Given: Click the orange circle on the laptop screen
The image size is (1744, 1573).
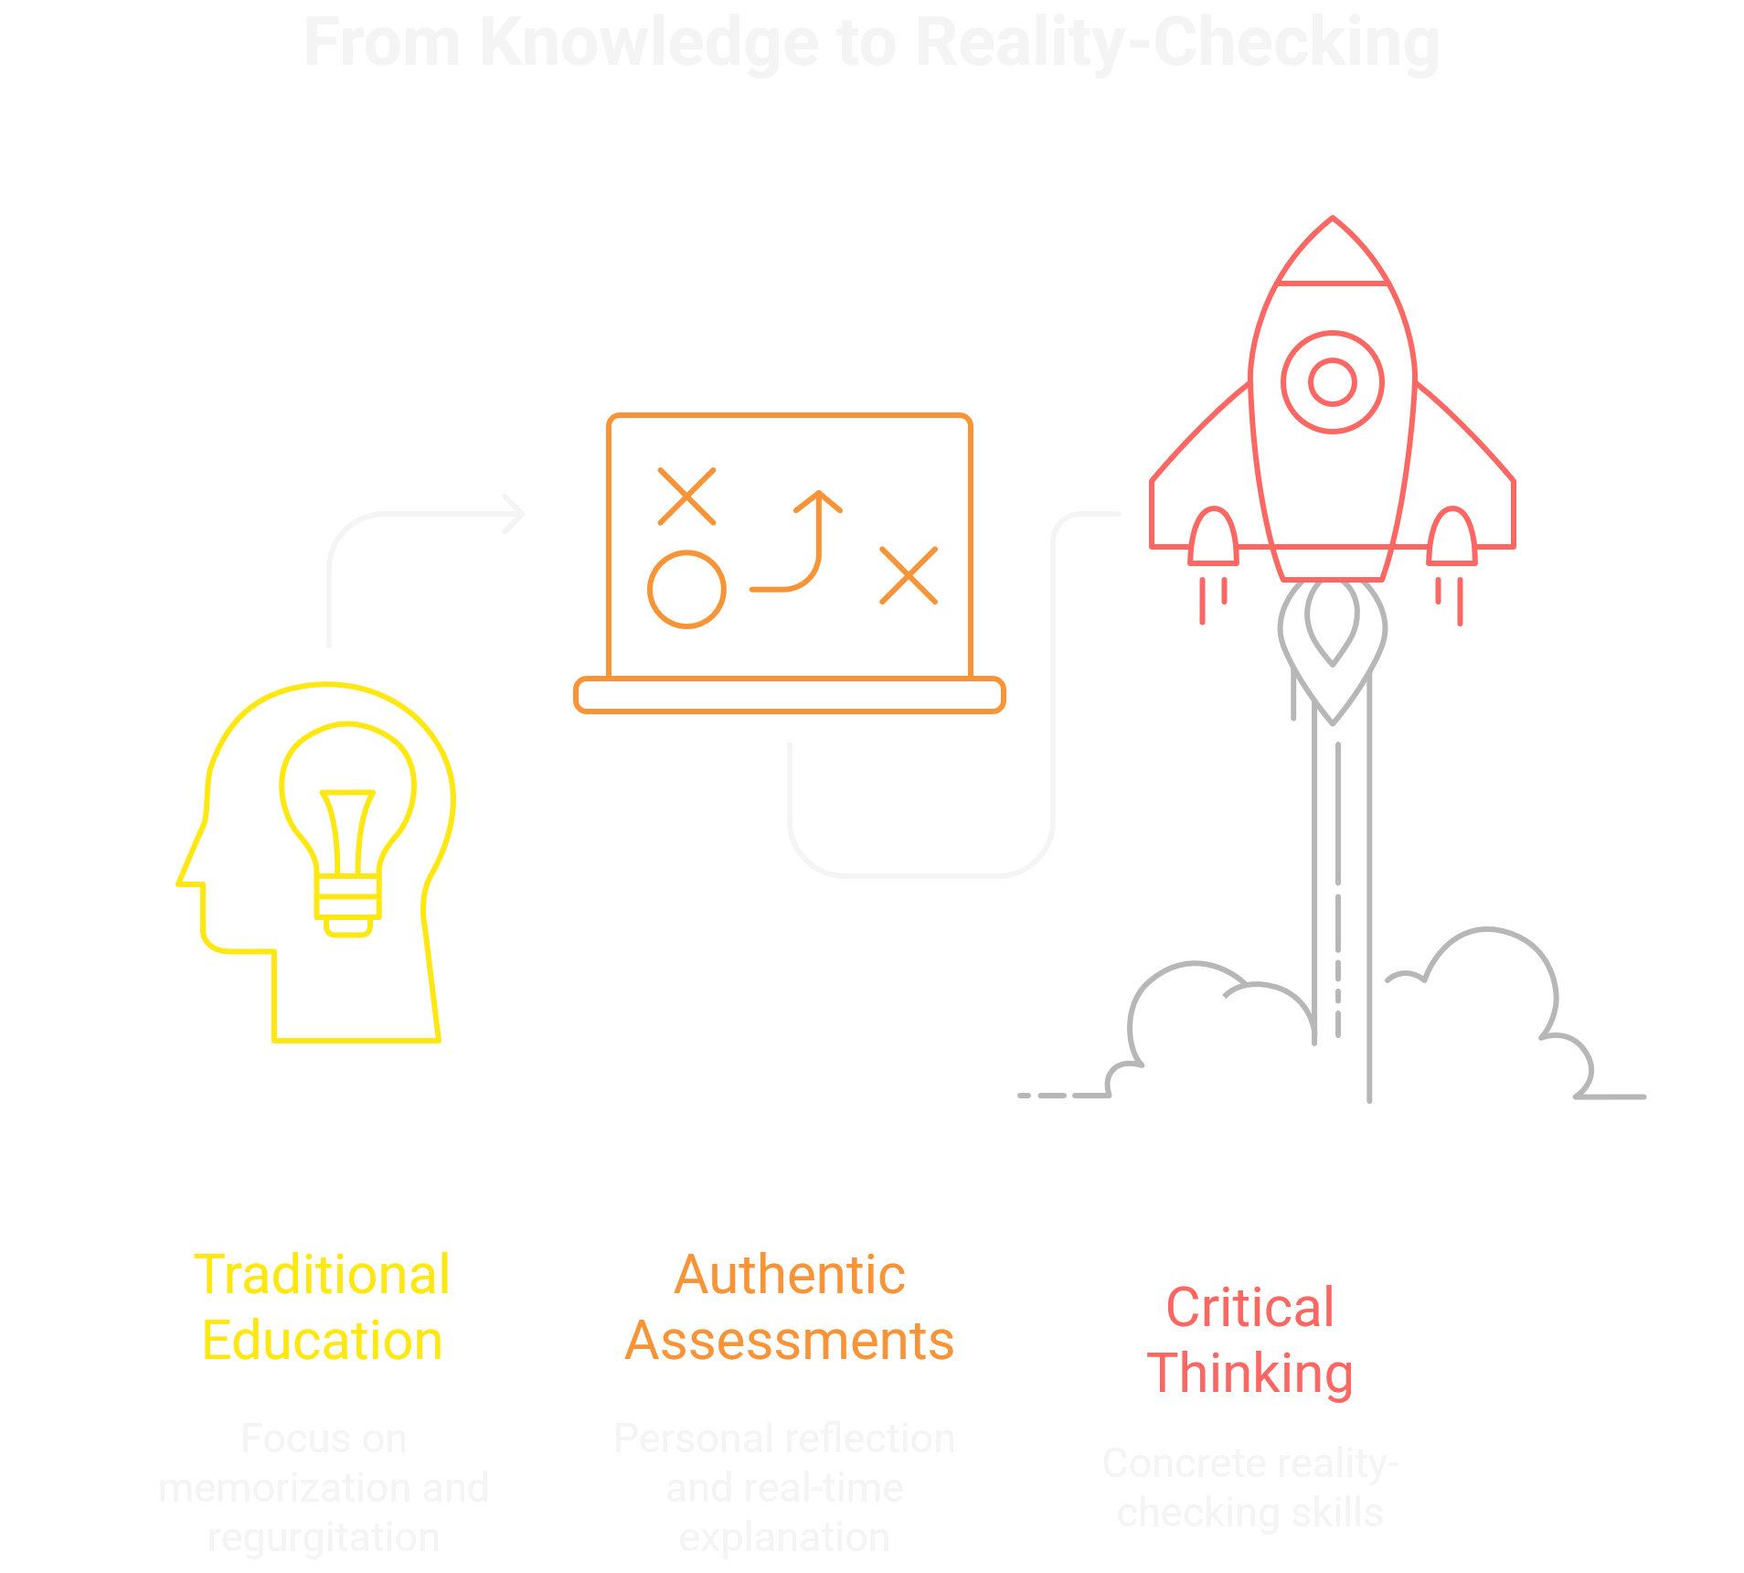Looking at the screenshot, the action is (x=686, y=589).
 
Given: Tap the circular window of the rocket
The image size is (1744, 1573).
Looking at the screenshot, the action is (x=1332, y=381).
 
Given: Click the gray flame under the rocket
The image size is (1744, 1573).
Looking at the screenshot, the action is (x=1332, y=640).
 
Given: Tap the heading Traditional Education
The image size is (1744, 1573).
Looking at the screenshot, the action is (x=323, y=1307).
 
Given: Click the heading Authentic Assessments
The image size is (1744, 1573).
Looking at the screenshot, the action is (x=789, y=1307).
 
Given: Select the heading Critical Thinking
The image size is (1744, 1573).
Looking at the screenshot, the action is (x=1250, y=1340).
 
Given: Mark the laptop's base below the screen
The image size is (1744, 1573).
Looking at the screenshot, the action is (x=789, y=695).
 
